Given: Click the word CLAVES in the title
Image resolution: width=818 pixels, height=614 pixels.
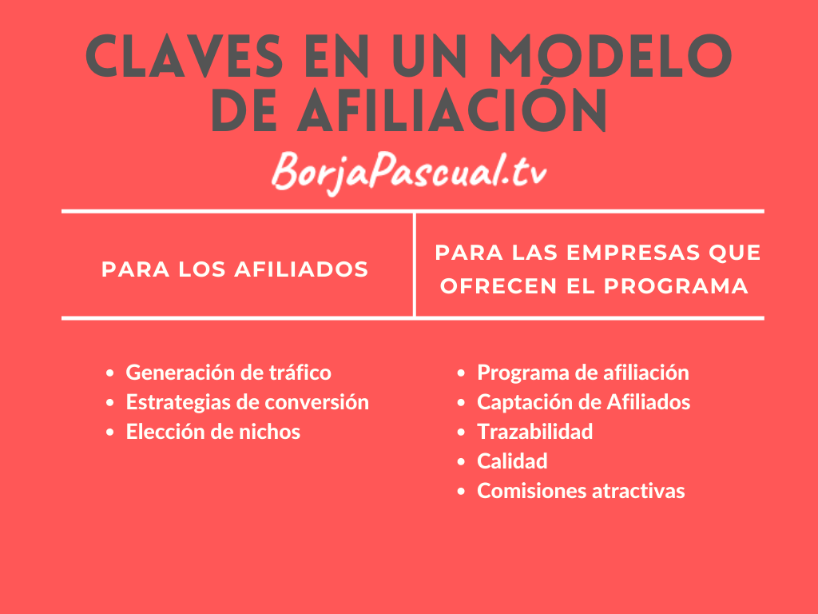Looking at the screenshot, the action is (185, 57).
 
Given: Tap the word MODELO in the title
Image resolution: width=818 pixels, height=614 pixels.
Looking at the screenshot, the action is (611, 57).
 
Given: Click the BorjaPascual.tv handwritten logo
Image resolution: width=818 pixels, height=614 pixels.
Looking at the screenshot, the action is (409, 171).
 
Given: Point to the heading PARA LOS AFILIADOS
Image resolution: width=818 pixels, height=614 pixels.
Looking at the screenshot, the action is (235, 269).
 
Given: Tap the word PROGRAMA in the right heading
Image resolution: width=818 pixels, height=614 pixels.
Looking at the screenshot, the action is (676, 286).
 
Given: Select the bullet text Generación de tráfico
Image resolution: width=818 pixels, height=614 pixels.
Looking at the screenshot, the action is (228, 373).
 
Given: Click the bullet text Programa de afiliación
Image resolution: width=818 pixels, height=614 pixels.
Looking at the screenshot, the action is (583, 373).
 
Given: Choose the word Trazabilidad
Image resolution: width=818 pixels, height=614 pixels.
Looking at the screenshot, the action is (534, 432).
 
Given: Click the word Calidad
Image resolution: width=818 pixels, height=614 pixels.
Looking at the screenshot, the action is (512, 461).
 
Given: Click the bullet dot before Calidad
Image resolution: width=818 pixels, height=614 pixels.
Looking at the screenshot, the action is (461, 462).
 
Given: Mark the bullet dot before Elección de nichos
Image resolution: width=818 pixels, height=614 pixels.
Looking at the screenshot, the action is (109, 433).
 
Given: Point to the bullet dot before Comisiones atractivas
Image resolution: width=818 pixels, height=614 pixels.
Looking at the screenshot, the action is (461, 492).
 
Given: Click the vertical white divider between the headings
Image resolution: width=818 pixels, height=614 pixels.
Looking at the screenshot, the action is (415, 265).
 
